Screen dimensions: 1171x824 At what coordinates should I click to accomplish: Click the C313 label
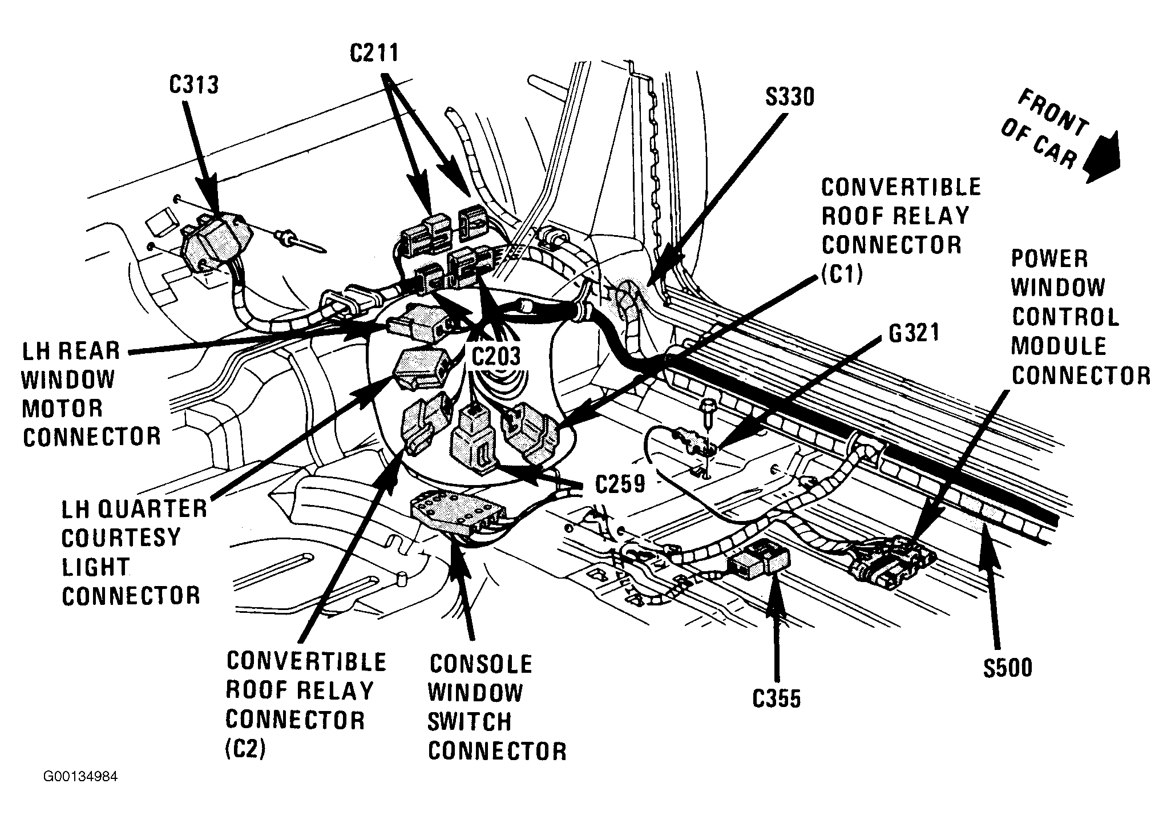[x=194, y=85]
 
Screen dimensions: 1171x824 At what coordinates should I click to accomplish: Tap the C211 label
[x=374, y=53]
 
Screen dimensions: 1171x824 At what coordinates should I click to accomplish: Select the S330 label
[x=789, y=98]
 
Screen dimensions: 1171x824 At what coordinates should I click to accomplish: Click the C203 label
[x=496, y=356]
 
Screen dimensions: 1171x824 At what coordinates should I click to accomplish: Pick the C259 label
[x=620, y=484]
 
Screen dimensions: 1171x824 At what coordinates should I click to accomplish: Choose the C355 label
[x=777, y=698]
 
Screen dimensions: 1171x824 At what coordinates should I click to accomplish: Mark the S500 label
[x=1008, y=668]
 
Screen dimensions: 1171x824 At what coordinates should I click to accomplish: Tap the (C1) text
[x=842, y=274]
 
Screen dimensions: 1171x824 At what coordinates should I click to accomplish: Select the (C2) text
[x=246, y=750]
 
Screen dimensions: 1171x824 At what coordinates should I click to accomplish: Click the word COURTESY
[x=121, y=538]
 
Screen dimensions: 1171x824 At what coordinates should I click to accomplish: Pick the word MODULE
[x=1059, y=346]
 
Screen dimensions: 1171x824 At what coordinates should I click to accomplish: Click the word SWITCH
[x=470, y=722]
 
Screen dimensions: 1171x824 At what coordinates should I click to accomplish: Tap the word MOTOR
[x=63, y=409]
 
